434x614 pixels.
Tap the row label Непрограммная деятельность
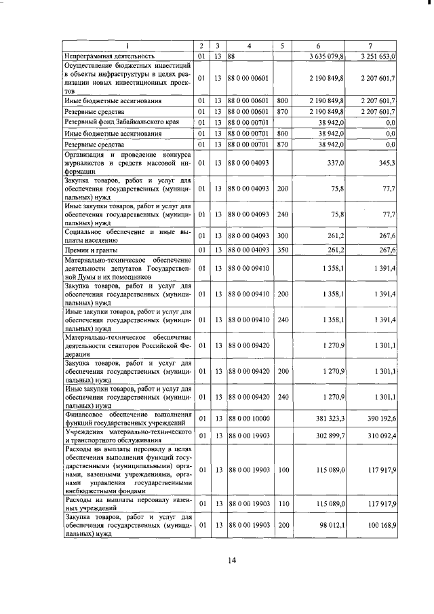[110, 56]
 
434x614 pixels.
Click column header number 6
[319, 45]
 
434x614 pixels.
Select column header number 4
[249, 45]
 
